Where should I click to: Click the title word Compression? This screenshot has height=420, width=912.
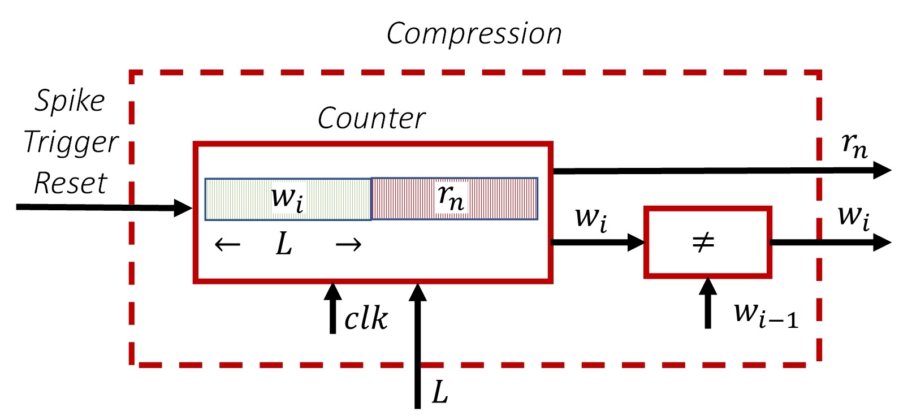tap(474, 34)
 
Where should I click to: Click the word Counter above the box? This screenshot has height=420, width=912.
tap(371, 119)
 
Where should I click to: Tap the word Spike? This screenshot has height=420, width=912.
tap(70, 101)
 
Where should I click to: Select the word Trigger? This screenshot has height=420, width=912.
tap(71, 143)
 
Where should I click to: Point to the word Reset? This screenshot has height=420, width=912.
tap(71, 183)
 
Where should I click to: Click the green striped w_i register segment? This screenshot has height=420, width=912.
tap(288, 199)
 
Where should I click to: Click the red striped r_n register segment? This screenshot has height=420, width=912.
tap(455, 198)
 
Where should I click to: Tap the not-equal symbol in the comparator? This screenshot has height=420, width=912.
tap(703, 242)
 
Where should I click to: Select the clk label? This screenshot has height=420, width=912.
tap(366, 318)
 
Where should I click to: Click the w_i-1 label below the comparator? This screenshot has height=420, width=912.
tap(766, 316)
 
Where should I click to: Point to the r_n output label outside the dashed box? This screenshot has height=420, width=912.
tap(854, 146)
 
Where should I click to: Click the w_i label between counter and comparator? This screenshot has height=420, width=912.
tap(591, 220)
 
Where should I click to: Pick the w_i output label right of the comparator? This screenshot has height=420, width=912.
tap(854, 218)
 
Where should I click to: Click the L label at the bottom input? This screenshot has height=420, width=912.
tap(440, 392)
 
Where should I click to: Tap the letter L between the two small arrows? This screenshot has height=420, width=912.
tap(284, 245)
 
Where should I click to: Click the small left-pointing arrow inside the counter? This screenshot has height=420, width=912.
tap(228, 245)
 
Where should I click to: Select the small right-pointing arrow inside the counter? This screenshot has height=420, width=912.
tap(348, 245)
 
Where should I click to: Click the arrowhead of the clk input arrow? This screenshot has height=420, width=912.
tap(332, 291)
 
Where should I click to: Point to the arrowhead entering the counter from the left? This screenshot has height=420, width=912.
tap(183, 208)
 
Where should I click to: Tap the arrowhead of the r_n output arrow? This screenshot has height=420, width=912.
tap(883, 170)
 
